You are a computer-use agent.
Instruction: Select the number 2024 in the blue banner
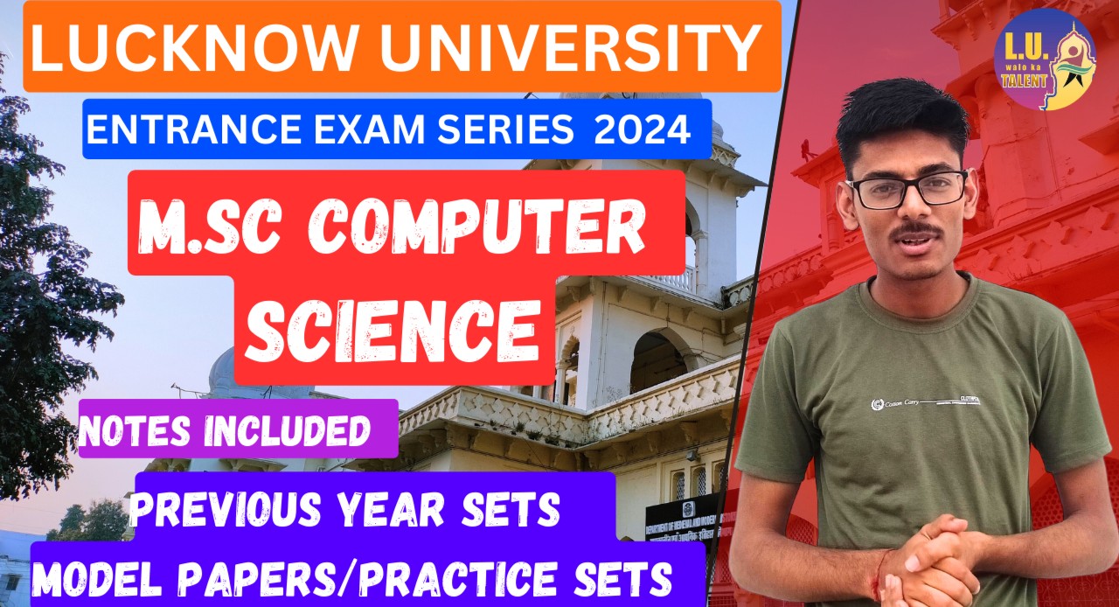641,130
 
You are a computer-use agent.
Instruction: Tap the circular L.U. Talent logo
1044,59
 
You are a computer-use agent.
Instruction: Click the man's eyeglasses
906,190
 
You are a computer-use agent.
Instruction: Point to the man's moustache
915,232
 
